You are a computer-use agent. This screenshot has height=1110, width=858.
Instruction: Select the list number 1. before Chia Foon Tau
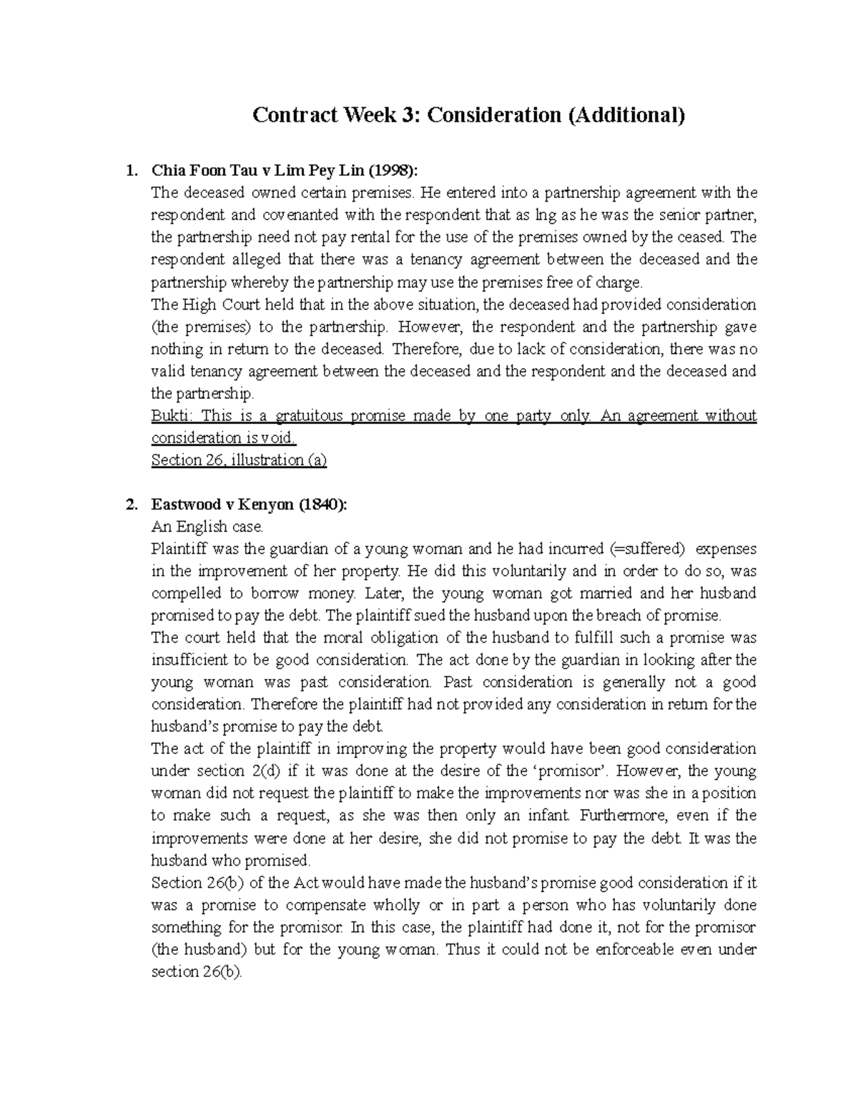(129, 171)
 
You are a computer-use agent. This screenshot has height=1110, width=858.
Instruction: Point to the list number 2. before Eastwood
(129, 505)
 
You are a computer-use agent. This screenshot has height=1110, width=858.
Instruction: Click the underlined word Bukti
(171, 416)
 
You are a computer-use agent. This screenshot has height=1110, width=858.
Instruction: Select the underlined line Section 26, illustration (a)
(239, 460)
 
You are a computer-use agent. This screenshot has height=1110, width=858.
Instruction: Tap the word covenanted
(299, 215)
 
